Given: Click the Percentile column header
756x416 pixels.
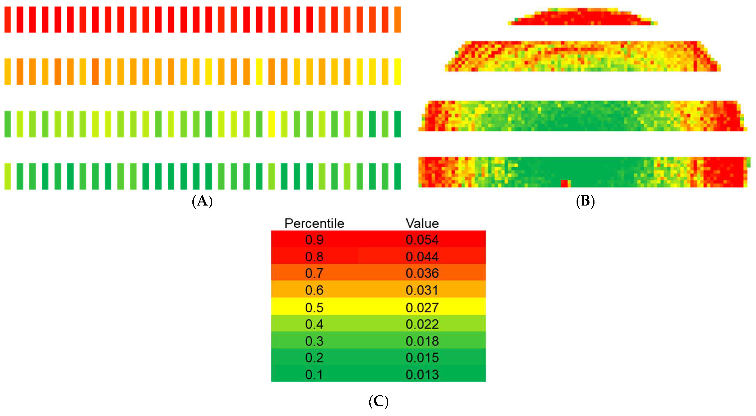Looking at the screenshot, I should (314, 223).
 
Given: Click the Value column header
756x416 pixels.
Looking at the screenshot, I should (422, 223).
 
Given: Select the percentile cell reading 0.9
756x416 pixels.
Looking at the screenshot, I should (314, 240).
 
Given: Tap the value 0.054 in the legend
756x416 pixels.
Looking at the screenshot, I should (422, 240).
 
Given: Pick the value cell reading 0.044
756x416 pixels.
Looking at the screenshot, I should (422, 257).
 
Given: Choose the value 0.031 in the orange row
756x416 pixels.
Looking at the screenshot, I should (422, 290).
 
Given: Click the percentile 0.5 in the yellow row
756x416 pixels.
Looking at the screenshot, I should (314, 307).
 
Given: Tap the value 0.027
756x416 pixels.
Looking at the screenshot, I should (422, 307).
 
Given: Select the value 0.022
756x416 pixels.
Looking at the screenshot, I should (422, 324).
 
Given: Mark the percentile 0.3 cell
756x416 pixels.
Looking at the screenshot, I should (314, 341).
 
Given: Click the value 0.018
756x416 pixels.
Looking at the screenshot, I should (422, 341).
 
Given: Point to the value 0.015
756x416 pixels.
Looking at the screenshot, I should (422, 358).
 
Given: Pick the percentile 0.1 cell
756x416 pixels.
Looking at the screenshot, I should (314, 375).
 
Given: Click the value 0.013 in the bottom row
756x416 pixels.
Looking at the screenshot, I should (422, 375).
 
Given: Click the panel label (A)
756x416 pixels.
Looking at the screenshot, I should (202, 201).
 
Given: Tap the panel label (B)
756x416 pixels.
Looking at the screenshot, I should (585, 201).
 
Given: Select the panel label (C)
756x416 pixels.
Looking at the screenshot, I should (378, 402).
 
